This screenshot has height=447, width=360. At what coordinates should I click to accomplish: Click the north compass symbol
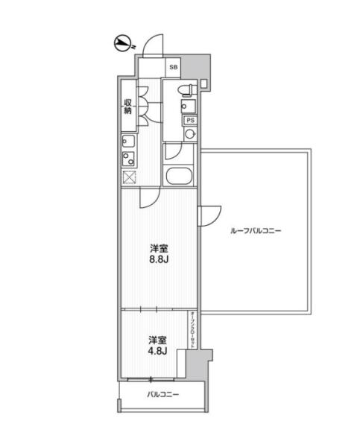point(123,44)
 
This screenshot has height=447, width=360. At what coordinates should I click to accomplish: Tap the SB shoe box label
point(174,67)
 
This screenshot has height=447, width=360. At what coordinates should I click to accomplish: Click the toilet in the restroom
point(187,89)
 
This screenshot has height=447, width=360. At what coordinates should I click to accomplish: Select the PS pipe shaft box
point(190,121)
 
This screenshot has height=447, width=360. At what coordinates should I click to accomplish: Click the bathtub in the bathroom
point(178,177)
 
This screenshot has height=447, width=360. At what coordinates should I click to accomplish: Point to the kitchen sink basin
point(128,141)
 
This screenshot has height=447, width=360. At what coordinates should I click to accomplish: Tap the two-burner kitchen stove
point(128,159)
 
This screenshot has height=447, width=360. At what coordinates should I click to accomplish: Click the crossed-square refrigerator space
point(129,177)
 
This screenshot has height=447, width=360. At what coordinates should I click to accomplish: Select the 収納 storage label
point(127,107)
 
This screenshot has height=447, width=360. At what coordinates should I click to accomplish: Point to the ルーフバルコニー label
point(256,231)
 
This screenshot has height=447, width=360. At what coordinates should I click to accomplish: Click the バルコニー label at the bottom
point(163,395)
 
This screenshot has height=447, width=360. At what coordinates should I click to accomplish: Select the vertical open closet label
point(192,329)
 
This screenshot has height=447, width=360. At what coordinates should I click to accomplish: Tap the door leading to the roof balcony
point(209,215)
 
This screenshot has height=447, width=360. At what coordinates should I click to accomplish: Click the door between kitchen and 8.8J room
point(150,197)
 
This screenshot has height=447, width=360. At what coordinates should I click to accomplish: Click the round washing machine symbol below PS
point(190,133)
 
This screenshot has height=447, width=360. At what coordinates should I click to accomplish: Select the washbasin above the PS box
point(189,107)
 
